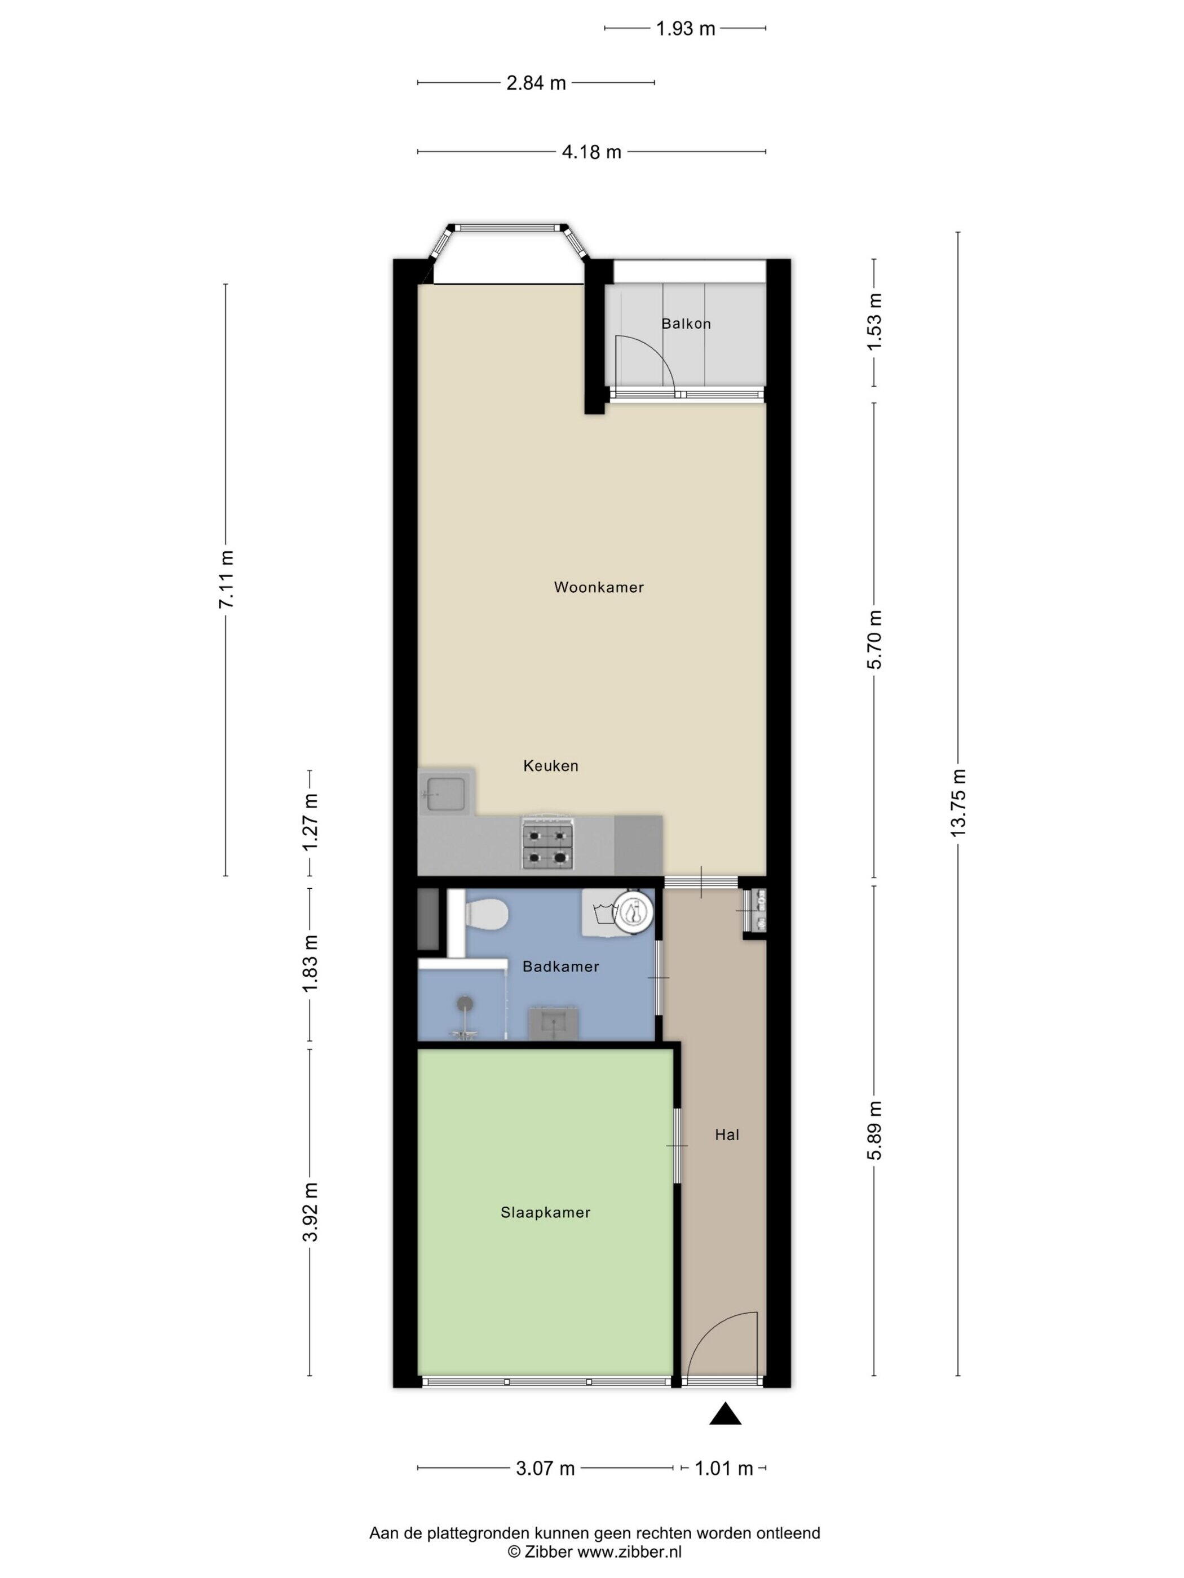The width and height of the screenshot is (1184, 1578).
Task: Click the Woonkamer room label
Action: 599,587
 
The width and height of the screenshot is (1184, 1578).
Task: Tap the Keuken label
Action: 550,765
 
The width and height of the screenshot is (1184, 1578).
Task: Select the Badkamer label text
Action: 560,967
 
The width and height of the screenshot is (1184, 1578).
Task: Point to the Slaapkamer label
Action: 545,1212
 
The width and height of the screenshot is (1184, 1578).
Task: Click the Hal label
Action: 727,1134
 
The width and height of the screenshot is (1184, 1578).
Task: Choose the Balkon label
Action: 686,323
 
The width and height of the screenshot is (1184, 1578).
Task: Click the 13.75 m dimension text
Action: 958,803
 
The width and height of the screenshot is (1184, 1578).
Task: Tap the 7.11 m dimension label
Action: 226,579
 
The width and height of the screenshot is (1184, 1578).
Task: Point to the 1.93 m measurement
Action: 685,29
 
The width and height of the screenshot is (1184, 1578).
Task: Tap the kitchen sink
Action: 446,794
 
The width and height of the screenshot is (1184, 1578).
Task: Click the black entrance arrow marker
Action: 725,1415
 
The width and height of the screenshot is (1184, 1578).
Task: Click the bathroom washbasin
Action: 553,1022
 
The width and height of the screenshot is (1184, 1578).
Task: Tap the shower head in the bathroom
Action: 465,1004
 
